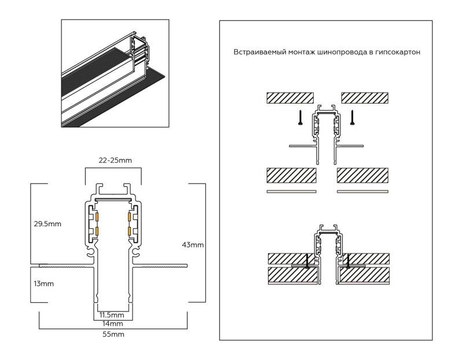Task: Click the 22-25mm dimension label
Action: tap(113, 160)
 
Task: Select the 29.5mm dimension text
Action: tap(47, 223)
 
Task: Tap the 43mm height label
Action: tap(193, 245)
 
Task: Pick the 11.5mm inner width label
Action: tap(112, 315)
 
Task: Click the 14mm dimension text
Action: tap(112, 324)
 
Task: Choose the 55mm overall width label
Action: tap(112, 334)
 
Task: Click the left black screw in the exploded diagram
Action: tap(300, 117)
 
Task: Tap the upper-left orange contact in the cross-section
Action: tap(97, 218)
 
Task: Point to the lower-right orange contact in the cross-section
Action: tap(127, 232)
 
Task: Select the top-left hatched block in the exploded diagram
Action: tap(289, 97)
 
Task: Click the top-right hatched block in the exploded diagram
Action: tap(365, 97)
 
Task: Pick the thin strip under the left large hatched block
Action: tap(291, 190)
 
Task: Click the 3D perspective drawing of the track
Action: tap(115, 73)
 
